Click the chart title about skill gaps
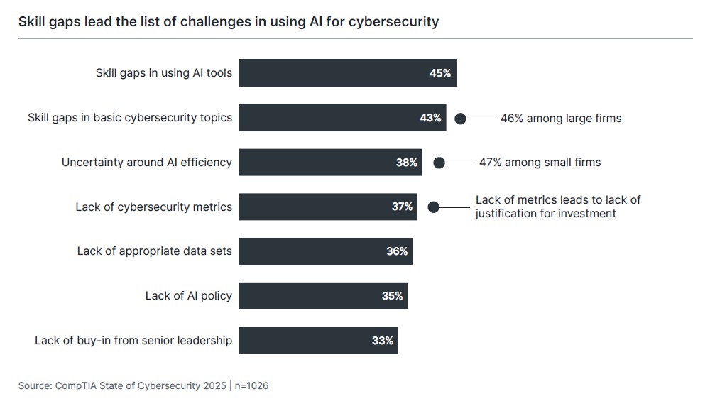click(x=228, y=21)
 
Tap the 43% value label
click(x=430, y=118)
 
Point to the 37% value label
click(x=402, y=207)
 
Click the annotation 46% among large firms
click(x=560, y=119)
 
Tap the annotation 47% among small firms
click(x=540, y=163)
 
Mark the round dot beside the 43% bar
click(x=460, y=119)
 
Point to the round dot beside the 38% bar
click(x=439, y=163)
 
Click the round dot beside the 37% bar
click(x=433, y=207)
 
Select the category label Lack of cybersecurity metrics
click(x=153, y=207)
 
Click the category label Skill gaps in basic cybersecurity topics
click(x=129, y=118)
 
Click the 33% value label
click(x=382, y=341)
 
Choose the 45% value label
click(x=439, y=73)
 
